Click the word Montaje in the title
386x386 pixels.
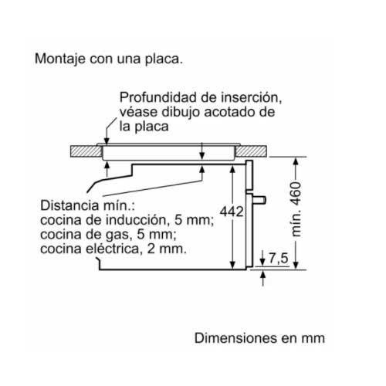60,59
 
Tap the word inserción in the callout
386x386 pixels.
251,97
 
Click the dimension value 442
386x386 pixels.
232,212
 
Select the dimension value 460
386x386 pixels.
296,194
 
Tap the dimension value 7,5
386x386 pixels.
279,258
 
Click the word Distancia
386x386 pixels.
69,205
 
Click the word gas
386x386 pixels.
121,235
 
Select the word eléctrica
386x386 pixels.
113,249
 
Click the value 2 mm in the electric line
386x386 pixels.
167,249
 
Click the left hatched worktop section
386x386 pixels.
86,151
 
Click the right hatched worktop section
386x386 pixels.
252,151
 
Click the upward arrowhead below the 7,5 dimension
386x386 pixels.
262,275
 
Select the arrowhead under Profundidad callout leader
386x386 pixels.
107,141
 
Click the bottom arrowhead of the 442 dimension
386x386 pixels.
232,265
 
